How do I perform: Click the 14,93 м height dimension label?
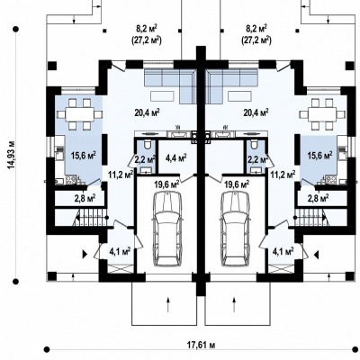tap(12, 155)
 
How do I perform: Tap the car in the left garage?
tap(167, 229)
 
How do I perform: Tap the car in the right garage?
tap(236, 229)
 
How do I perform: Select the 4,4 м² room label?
tap(176, 157)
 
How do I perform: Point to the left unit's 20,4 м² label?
tap(147, 112)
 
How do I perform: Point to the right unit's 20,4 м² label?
tap(256, 112)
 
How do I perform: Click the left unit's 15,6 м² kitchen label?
tap(84, 155)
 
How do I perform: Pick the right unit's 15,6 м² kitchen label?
tap(319, 155)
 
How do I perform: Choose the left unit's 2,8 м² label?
tap(85, 198)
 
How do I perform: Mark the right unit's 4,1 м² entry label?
tap(283, 251)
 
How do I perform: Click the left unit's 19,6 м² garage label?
tap(167, 184)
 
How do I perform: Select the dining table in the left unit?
tap(80, 114)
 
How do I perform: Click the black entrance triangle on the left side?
tap(85, 255)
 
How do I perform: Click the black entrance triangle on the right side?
tap(316, 255)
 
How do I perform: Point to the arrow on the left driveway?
tap(168, 304)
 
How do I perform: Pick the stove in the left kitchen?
tap(72, 180)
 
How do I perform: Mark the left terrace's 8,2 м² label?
tap(147, 29)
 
